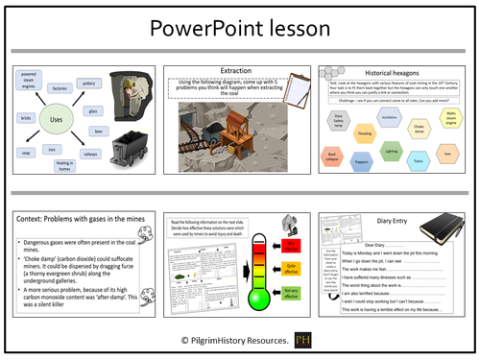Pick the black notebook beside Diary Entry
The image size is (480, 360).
tap(447, 229)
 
